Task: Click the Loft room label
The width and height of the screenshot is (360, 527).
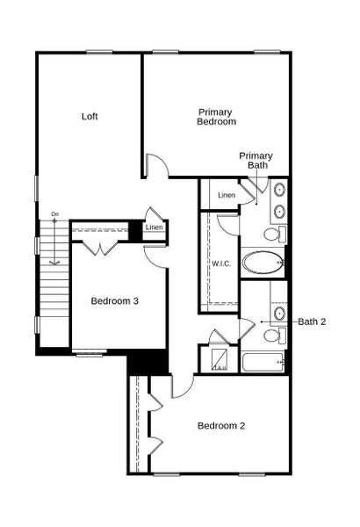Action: click(x=89, y=116)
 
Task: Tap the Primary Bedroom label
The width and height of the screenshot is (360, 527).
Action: click(x=216, y=117)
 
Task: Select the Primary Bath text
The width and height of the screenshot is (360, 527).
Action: click(x=256, y=160)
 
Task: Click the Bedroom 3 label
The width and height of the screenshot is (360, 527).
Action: click(x=115, y=301)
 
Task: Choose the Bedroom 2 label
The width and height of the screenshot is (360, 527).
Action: click(x=220, y=426)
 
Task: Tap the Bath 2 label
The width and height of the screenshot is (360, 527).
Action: click(x=312, y=321)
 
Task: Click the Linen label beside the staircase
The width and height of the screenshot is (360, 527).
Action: click(x=155, y=228)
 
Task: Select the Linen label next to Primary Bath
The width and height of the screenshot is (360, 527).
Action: click(x=227, y=194)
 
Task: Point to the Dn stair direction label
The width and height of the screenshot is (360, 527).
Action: click(x=54, y=214)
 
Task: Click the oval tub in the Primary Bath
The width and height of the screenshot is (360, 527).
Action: click(x=263, y=261)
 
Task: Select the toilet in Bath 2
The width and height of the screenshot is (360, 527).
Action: click(x=272, y=336)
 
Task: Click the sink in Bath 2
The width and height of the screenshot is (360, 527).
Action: click(x=279, y=313)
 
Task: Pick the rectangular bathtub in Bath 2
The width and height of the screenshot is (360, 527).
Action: click(x=263, y=363)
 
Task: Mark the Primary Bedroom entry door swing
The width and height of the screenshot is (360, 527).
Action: click(x=155, y=165)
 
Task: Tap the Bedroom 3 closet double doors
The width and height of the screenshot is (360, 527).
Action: click(x=103, y=248)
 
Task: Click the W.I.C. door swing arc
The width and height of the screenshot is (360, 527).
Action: click(x=227, y=223)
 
